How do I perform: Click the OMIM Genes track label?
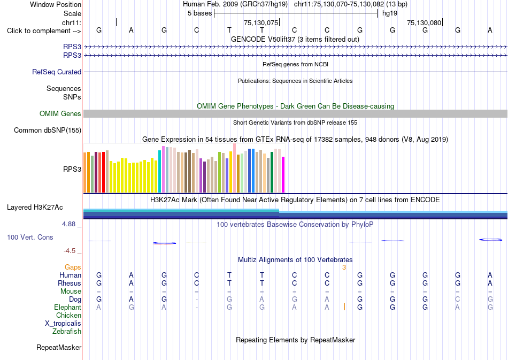60,114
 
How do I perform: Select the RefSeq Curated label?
57,72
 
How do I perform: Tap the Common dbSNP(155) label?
48,131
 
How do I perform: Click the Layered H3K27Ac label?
35,208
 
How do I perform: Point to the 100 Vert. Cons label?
30,237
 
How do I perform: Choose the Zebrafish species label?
67,332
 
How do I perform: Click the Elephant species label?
68,307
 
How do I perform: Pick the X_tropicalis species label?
63,324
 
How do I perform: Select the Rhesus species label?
70,283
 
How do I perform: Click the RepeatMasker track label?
59,347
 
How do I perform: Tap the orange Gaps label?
73,267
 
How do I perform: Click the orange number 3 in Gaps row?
344,267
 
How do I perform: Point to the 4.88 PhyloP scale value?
68,224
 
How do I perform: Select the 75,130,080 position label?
424,22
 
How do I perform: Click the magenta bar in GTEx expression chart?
283,175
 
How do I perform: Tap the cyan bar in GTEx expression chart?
160,172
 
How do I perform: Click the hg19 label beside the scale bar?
390,13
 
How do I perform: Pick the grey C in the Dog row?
457,299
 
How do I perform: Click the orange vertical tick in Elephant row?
344,307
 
